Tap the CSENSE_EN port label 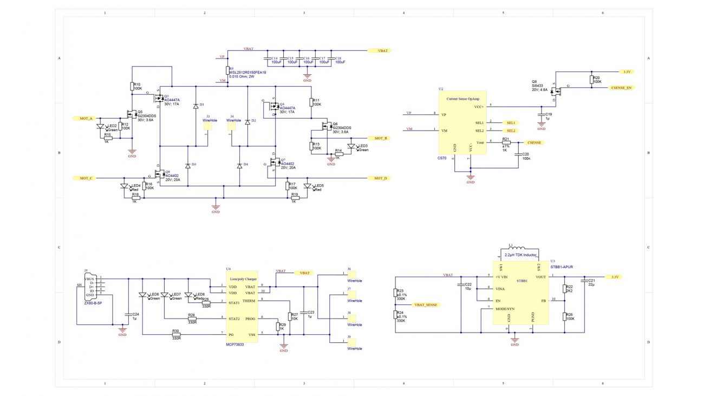pyautogui.click(x=621, y=87)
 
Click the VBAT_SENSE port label pyautogui.click(x=425, y=305)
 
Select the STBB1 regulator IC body pyautogui.click(x=521, y=293)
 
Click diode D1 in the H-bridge pyautogui.click(x=195, y=106)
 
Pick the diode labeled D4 pyautogui.click(x=239, y=165)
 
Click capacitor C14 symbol pyautogui.click(x=266, y=59)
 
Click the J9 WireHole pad pyautogui.click(x=349, y=342)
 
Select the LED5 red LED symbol pyautogui.click(x=308, y=187)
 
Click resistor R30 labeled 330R pyautogui.click(x=175, y=335)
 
